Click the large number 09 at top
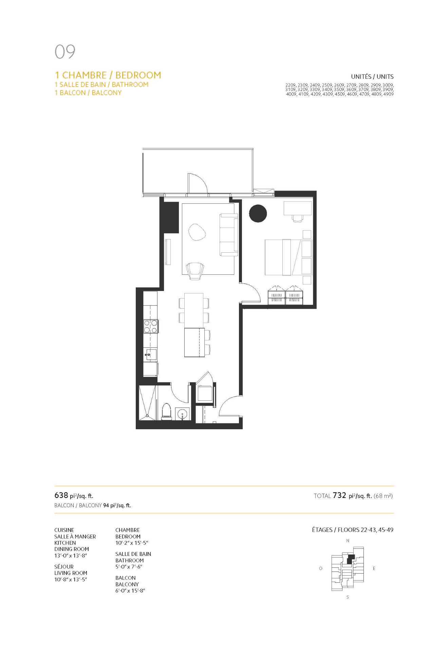(x=65, y=52)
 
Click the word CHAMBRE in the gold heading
(x=85, y=75)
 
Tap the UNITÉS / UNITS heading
(x=372, y=77)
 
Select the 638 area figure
(x=61, y=495)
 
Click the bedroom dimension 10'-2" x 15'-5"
(x=132, y=543)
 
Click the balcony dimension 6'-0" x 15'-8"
(x=130, y=591)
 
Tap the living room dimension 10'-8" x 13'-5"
(x=71, y=579)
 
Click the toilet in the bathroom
(x=166, y=411)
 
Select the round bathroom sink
(x=183, y=414)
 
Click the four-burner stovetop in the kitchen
(x=151, y=326)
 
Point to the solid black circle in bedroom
(x=258, y=214)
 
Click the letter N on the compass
(x=348, y=541)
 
